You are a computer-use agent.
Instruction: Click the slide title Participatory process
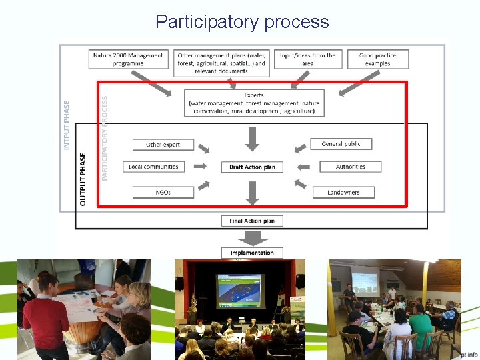click(242, 22)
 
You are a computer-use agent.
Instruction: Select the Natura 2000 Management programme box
click(127, 59)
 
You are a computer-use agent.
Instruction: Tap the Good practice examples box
click(377, 59)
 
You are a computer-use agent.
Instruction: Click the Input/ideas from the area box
click(307, 59)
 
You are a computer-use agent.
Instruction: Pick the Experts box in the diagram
click(254, 103)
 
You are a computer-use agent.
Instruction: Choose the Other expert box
click(163, 145)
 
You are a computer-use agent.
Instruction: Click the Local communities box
click(153, 167)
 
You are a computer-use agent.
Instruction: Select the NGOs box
click(163, 193)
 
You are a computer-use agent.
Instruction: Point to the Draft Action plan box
click(252, 167)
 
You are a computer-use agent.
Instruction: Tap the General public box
click(341, 144)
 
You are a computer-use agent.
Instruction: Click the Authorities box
click(350, 167)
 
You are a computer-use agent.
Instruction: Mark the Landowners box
click(343, 193)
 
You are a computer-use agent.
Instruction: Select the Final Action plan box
click(252, 221)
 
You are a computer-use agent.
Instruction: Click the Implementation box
click(252, 253)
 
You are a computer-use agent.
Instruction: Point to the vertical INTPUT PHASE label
click(67, 125)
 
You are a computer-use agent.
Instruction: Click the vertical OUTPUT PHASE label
click(83, 179)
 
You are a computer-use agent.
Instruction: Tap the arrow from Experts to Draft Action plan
click(252, 139)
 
